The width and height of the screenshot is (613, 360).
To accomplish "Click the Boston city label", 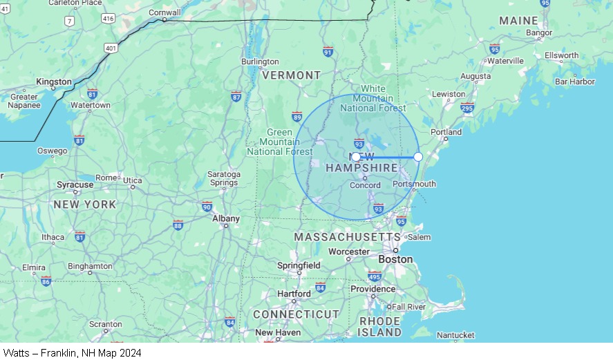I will tap(396, 260).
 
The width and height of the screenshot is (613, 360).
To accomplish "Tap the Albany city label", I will tap(226, 218).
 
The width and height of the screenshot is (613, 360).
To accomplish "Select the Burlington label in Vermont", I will tap(260, 61).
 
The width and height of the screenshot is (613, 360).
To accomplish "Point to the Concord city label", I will tap(365, 185).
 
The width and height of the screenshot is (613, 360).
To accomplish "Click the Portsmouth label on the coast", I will tap(414, 184).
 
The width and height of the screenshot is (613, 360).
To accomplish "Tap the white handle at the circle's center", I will tap(356, 157).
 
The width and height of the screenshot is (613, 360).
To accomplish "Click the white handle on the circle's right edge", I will tap(418, 157).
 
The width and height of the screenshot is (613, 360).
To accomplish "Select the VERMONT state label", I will tap(291, 75).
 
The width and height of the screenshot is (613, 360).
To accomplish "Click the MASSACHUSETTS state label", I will tap(347, 237).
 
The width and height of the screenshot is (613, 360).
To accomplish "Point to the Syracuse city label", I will tap(75, 185).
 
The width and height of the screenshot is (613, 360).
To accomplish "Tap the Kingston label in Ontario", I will tap(53, 82).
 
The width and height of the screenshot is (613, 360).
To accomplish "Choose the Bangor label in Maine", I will tap(539, 32).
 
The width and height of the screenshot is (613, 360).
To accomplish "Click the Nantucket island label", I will tap(455, 335).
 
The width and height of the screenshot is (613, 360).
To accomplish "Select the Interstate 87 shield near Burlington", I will tap(236, 95).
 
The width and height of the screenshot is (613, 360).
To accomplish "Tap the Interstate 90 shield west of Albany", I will tap(207, 206).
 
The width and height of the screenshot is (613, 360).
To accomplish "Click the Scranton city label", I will tap(106, 323).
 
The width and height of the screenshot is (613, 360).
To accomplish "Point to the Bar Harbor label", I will tap(574, 82).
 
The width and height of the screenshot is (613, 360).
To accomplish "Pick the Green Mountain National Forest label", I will tap(279, 142).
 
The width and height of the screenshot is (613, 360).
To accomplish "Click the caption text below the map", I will tap(72, 353).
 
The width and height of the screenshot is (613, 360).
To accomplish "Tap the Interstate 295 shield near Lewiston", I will tap(467, 107).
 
